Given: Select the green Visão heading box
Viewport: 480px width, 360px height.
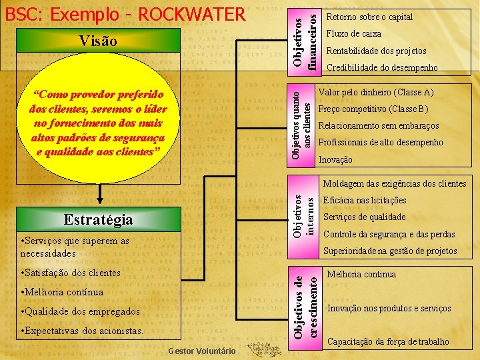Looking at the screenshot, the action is coord(98,41).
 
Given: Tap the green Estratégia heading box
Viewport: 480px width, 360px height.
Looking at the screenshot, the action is coord(98,219).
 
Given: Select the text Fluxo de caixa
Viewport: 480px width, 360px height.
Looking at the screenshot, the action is coord(353,33).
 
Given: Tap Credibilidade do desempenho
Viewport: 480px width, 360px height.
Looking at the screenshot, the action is coord(382,67).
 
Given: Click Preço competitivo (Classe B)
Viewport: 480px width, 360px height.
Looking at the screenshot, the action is coord(373,109).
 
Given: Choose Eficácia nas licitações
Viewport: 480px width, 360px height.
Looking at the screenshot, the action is coord(364,200).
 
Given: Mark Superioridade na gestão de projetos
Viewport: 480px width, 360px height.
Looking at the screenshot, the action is coord(390,251).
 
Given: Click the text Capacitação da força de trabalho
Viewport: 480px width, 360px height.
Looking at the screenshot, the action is coord(388,342).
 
